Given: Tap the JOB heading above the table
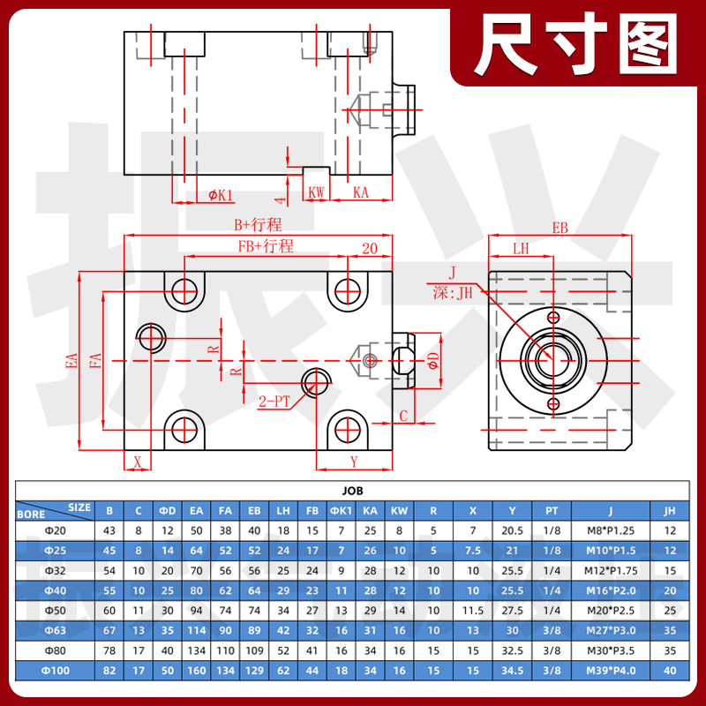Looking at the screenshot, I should pyautogui.click(x=352, y=491).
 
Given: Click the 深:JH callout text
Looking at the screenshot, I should pyautogui.click(x=454, y=292).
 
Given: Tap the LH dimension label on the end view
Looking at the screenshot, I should pyautogui.click(x=522, y=249).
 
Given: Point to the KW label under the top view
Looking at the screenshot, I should pyautogui.click(x=316, y=192).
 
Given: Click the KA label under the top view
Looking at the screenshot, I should pyautogui.click(x=360, y=192).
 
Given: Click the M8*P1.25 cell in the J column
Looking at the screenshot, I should pyautogui.click(x=610, y=529).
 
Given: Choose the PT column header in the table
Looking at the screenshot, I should pyautogui.click(x=552, y=509).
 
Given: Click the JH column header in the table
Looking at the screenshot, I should pyautogui.click(x=669, y=509).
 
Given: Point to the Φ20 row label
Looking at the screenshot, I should pyautogui.click(x=55, y=529).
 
